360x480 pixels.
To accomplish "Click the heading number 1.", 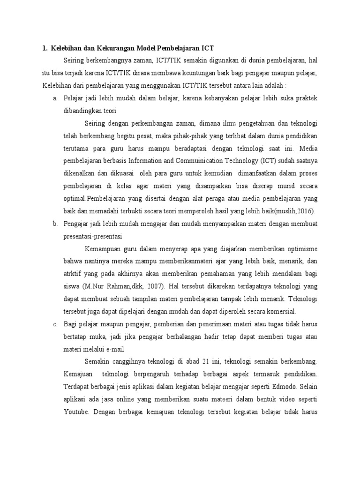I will pos(44,47).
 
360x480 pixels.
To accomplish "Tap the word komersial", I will pos(282,312).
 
